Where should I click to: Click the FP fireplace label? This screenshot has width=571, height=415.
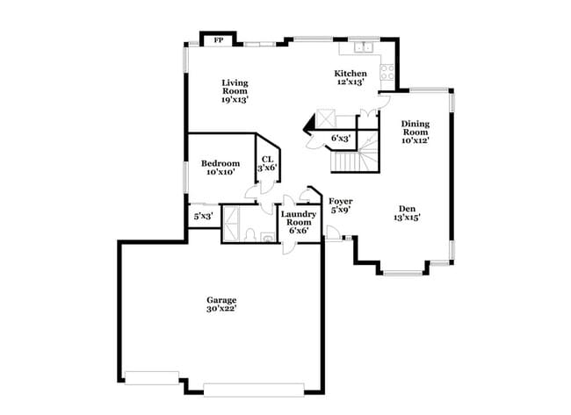(217, 39)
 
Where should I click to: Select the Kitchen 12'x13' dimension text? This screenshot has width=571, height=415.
(351, 82)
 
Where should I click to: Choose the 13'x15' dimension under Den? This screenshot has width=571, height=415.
(407, 218)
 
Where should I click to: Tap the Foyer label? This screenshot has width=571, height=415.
(341, 201)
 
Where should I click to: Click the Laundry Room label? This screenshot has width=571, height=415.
(299, 218)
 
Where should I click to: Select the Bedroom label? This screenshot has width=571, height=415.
(220, 163)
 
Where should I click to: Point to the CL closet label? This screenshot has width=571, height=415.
(267, 159)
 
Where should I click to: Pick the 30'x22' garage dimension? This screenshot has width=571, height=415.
(220, 308)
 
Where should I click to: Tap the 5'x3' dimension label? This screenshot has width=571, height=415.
(203, 215)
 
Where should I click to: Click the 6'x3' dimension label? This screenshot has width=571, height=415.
(341, 138)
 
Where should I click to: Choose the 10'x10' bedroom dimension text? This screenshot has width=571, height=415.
(220, 173)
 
